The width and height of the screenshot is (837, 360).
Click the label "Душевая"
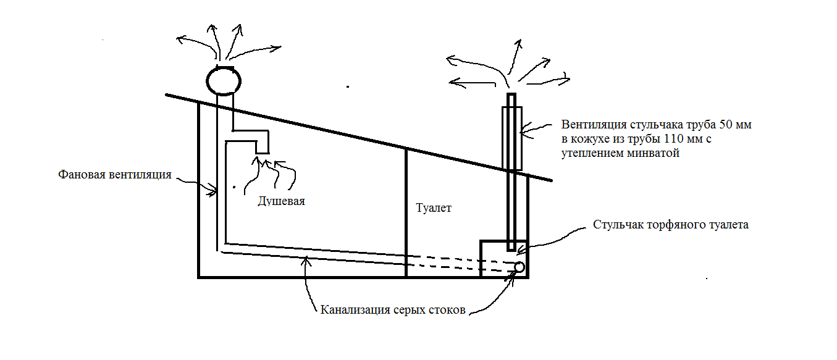[x=282, y=201]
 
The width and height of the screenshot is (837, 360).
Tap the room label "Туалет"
[x=434, y=208]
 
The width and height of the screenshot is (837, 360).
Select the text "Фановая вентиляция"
[x=115, y=175]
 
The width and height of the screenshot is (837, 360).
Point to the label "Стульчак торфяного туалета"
[x=671, y=225]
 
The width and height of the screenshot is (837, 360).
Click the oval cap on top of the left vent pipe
[x=222, y=80]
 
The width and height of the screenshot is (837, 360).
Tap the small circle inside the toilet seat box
[x=519, y=267]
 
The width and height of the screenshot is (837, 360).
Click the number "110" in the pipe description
[x=671, y=139]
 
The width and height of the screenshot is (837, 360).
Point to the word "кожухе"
[x=587, y=139]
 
